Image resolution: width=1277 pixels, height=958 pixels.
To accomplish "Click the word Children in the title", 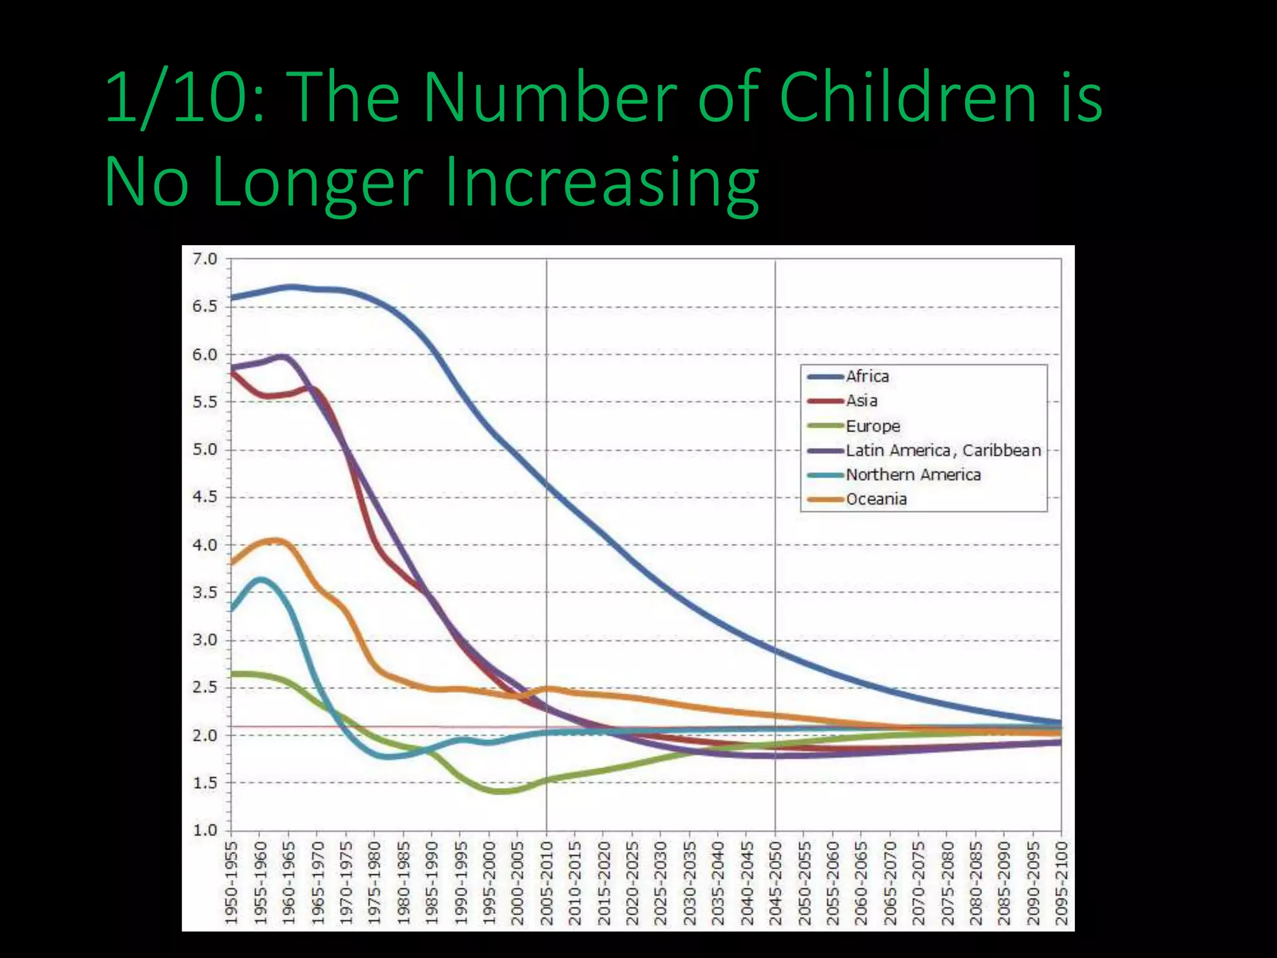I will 907,99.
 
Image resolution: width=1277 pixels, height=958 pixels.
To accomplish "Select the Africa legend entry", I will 867,377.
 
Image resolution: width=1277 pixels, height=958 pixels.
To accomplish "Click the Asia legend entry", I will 861,401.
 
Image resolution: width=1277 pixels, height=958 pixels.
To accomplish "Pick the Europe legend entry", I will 872,426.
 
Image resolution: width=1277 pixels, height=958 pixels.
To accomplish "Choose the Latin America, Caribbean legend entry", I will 943,450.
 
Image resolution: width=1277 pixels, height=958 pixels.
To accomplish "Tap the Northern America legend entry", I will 913,475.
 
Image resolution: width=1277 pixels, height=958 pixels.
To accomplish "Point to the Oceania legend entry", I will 876,499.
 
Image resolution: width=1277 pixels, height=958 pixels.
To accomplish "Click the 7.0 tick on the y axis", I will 205,259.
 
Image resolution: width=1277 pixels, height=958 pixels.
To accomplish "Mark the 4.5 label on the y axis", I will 205,497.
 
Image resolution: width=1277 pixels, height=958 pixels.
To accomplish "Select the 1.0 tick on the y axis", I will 205,830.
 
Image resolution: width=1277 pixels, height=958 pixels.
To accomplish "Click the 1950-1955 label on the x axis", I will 231,883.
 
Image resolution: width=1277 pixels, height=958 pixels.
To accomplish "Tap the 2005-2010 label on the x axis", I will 547,883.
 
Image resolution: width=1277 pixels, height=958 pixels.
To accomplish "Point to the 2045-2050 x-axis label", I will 776,883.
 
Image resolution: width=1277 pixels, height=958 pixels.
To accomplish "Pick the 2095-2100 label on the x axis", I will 1061,883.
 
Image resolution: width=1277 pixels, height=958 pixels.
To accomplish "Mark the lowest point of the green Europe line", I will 501,791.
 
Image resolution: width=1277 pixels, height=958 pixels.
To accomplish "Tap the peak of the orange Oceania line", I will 276,540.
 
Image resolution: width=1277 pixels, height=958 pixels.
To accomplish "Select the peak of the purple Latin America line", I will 284,357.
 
